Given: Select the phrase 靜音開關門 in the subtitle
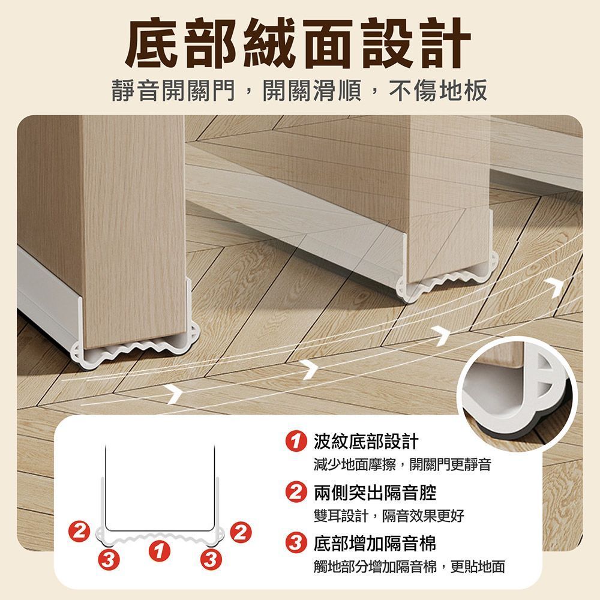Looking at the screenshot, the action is (173, 91).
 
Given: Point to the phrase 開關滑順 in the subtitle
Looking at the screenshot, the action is (312, 91).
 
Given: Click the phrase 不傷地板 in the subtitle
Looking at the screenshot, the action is (438, 91).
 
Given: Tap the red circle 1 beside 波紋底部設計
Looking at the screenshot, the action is (296, 441).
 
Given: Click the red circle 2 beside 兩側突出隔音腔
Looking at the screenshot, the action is (296, 492).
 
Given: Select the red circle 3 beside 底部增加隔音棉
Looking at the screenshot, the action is (296, 543).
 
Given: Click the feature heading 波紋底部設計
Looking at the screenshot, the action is (366, 441).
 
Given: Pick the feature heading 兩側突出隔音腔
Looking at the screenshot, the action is (375, 492).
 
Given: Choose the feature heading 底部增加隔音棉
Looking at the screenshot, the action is (375, 543).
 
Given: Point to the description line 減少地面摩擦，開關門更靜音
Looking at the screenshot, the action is (402, 464).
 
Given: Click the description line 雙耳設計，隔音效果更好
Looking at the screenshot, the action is (389, 516).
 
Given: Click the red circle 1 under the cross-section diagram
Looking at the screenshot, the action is (159, 551).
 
